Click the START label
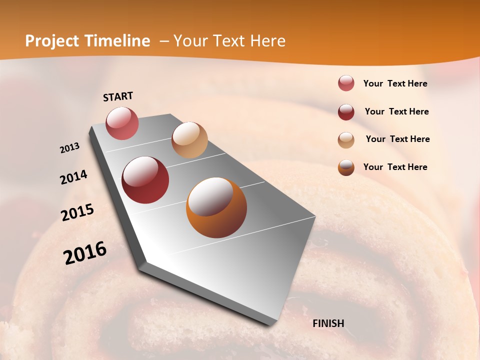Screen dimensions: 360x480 tap(118, 96)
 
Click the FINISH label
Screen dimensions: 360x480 tap(328, 323)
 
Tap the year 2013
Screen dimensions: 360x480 tap(69, 148)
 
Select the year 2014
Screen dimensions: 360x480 tap(73, 177)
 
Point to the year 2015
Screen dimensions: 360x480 tap(77, 212)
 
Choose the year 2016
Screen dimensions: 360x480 tap(85, 253)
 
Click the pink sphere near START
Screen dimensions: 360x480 tap(122, 123)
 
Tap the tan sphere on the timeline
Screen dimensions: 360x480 tap(189, 140)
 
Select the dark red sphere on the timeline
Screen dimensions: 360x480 tap(145, 180)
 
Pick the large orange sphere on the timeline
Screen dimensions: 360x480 tap(216, 207)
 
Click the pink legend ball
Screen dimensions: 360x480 tap(346, 83)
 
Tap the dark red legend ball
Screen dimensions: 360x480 tap(346, 112)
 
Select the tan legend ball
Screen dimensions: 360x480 tap(346, 140)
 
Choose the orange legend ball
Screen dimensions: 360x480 tap(346, 167)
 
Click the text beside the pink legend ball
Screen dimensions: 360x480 tap(395, 83)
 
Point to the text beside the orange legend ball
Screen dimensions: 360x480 tap(395, 167)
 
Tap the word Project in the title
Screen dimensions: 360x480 tap(51, 41)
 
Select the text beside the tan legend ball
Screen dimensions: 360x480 tap(397, 139)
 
